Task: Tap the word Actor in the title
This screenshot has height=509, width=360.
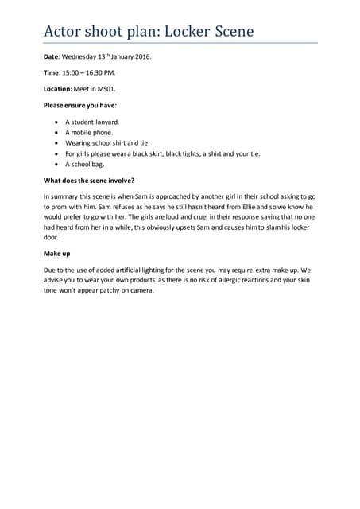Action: point(64,31)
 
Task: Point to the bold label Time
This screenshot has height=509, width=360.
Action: point(50,73)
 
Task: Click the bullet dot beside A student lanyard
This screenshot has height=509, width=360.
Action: point(56,122)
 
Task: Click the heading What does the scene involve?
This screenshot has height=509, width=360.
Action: point(88,181)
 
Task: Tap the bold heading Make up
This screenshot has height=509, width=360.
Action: point(56,253)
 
